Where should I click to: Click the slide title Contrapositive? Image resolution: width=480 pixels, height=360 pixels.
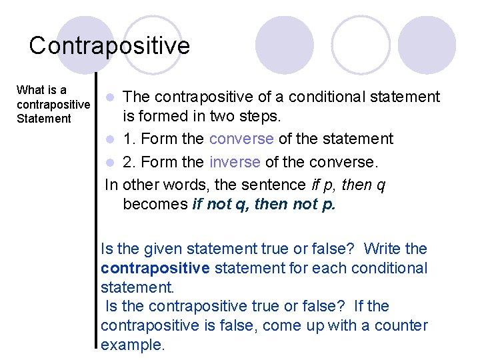click(109, 45)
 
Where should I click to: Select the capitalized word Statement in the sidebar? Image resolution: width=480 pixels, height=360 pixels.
click(44, 119)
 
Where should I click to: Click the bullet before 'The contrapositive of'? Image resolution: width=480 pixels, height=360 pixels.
click(114, 98)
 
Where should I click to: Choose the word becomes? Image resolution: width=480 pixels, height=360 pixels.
click(155, 203)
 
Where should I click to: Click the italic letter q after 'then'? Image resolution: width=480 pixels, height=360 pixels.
click(381, 185)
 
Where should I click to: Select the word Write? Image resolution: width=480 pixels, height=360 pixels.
click(383, 249)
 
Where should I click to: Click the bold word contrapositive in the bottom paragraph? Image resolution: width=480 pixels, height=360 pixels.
click(155, 268)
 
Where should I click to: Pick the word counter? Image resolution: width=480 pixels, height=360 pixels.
click(402, 325)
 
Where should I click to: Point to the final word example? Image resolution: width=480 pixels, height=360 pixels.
click(132, 345)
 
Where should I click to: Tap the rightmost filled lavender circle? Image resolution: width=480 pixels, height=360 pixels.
click(427, 44)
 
